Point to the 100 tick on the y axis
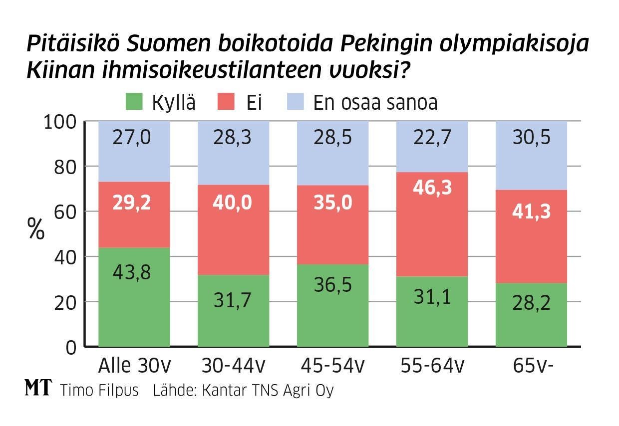point(60,122)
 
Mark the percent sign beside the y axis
point(36,230)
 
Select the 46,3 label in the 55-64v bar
point(432,188)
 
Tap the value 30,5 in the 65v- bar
point(531,136)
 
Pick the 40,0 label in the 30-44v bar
point(233,203)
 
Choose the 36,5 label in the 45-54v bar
point(333,285)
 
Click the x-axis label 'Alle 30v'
point(135,367)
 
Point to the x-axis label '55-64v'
point(432,367)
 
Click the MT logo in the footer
point(38,389)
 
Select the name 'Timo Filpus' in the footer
point(99,390)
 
